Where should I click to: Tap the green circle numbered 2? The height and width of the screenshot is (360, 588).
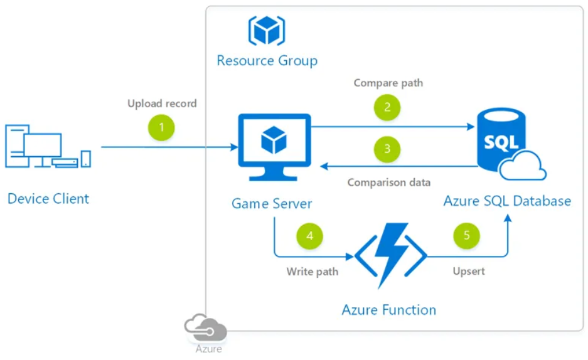pos(387,107)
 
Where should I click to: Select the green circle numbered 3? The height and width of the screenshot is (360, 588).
pos(387,149)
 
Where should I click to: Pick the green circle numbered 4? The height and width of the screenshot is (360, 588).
pos(309,236)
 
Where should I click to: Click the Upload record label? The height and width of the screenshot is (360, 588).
pos(162,103)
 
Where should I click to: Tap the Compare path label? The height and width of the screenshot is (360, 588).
pos(388,83)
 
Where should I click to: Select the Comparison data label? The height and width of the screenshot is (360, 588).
pos(389,183)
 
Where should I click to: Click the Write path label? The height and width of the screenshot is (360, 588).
pos(313,272)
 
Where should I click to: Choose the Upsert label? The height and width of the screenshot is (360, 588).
pos(469,272)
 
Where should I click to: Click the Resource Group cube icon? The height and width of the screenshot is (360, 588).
pos(267,29)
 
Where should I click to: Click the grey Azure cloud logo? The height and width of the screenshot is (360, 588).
pos(206,327)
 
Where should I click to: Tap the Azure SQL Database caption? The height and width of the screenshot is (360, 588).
pos(507,201)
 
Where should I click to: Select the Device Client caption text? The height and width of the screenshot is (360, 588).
pos(48,199)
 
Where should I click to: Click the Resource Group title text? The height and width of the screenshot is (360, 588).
pos(267,61)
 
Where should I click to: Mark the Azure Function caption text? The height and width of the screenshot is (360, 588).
pos(389,309)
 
